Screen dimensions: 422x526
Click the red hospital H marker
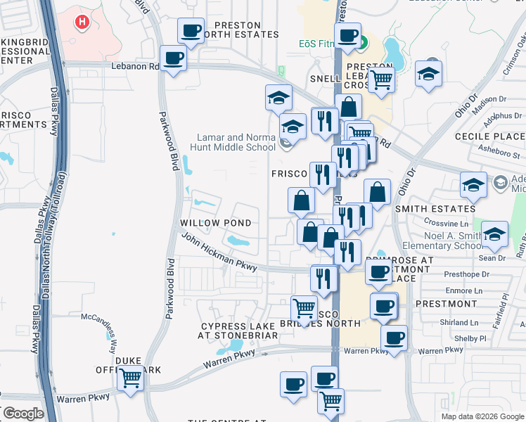pos(83,23)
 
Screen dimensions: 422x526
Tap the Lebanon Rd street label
pos(135,67)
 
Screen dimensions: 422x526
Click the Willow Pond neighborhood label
pos(216,223)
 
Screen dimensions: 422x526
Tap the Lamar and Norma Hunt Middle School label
pos(233,143)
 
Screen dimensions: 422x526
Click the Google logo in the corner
pos(23,414)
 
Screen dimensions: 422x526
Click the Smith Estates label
pos(435,209)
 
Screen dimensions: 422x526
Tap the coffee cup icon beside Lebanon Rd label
pos(174,58)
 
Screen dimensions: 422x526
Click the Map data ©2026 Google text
pos(482,416)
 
